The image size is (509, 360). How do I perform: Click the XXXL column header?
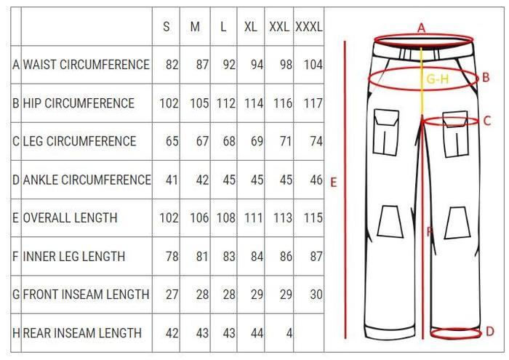tap(309, 27)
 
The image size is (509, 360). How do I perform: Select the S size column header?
tap(167, 27)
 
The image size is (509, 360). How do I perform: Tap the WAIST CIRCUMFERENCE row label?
tap(87, 65)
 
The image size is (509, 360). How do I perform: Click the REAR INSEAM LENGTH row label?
tap(82, 333)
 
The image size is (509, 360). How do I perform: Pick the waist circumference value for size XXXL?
tap(313, 65)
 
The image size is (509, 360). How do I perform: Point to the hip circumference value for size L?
tap(226, 103)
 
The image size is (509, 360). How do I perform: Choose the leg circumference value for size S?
tap(172, 142)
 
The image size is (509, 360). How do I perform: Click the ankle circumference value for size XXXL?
tap(316, 180)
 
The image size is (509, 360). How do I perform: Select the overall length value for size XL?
tap(254, 217)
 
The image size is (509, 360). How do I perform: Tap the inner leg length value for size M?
tap(202, 257)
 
